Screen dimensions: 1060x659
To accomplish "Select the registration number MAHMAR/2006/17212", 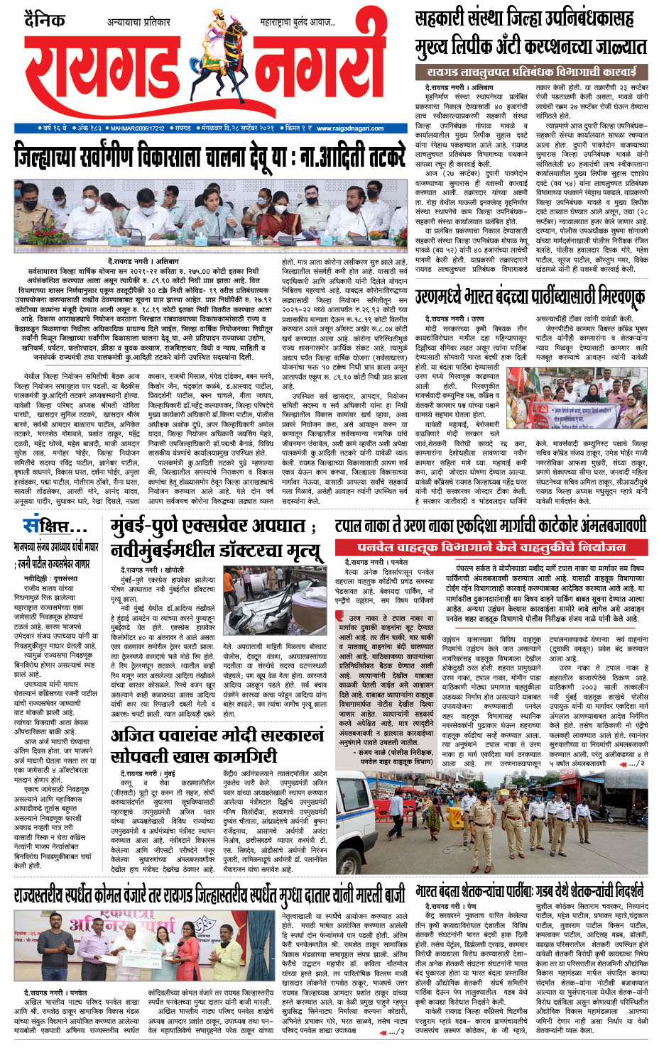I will click(x=138, y=128).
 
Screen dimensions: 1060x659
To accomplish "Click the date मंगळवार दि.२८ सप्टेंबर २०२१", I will click(x=237, y=128).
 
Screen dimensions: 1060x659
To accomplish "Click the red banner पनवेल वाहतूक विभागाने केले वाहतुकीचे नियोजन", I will click(x=491, y=547).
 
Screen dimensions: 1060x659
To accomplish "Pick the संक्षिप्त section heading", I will click(x=54, y=526).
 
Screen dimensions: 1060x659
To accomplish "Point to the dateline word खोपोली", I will click(x=173, y=570).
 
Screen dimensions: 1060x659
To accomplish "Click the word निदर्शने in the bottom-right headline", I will click(x=623, y=890).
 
